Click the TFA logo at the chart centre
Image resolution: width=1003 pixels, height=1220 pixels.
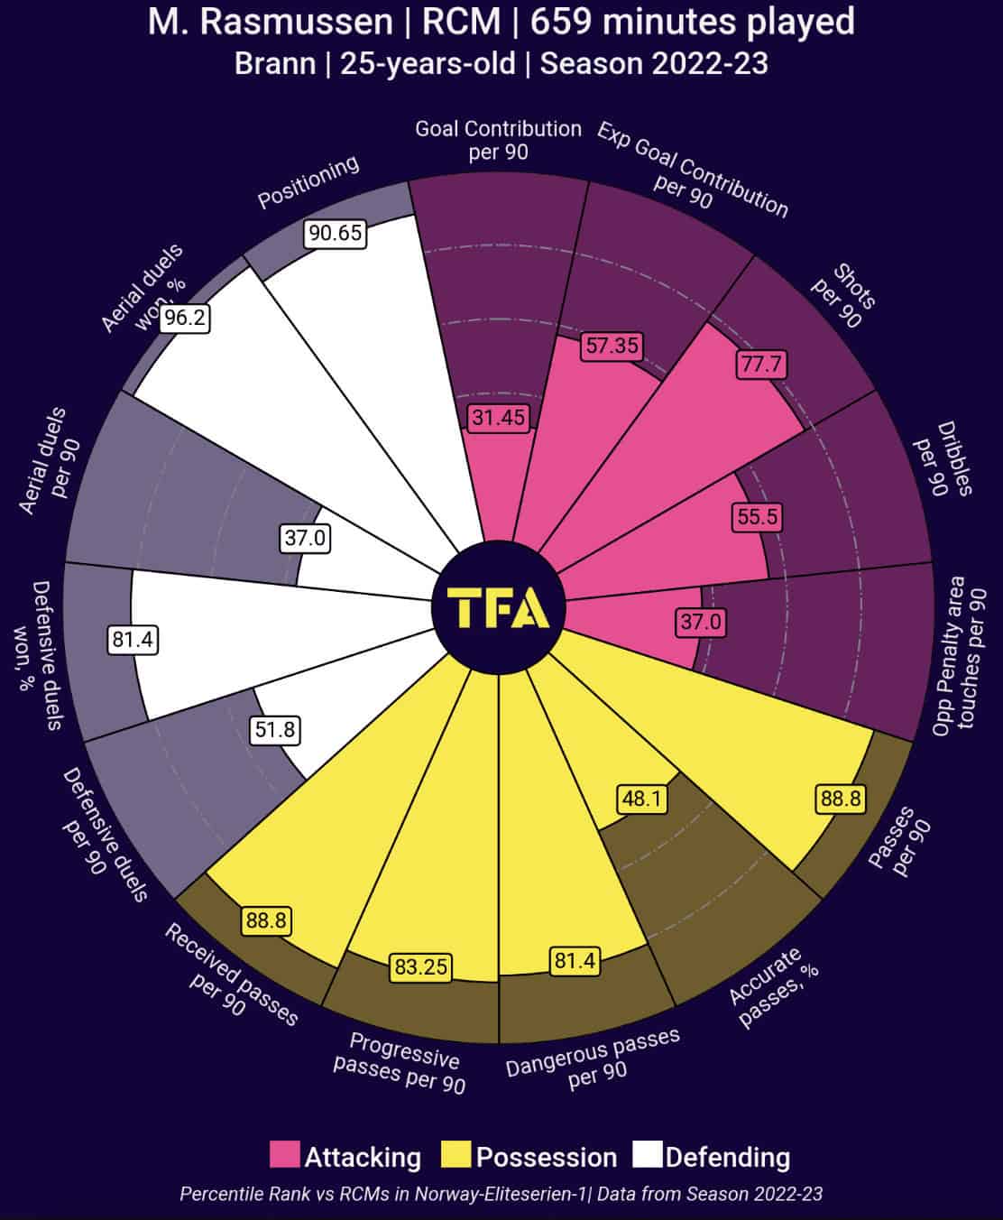pos(499,608)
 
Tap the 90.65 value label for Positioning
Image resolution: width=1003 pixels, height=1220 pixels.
pos(335,234)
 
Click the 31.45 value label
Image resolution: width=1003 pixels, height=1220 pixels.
pos(499,417)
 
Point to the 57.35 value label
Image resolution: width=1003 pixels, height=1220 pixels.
pos(612,345)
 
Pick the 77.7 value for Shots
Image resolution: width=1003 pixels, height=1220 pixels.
pos(761,365)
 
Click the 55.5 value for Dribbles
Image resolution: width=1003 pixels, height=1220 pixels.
pos(755,517)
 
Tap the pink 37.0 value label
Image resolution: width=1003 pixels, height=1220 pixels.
pos(701,622)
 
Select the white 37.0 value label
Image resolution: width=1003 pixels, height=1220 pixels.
pos(306,539)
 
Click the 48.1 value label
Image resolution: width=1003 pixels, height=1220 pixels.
pos(642,799)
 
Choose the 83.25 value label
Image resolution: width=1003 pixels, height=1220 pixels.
pos(420,967)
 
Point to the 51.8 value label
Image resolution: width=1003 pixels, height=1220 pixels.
pos(275,729)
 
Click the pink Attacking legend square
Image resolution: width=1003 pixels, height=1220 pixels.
pos(285,1156)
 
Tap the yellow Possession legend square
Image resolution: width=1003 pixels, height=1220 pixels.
pos(456,1156)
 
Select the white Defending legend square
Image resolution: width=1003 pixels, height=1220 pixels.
pos(648,1156)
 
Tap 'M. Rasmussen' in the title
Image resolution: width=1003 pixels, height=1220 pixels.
pos(271,22)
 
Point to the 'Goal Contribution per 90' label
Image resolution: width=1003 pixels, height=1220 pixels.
pos(498,140)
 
